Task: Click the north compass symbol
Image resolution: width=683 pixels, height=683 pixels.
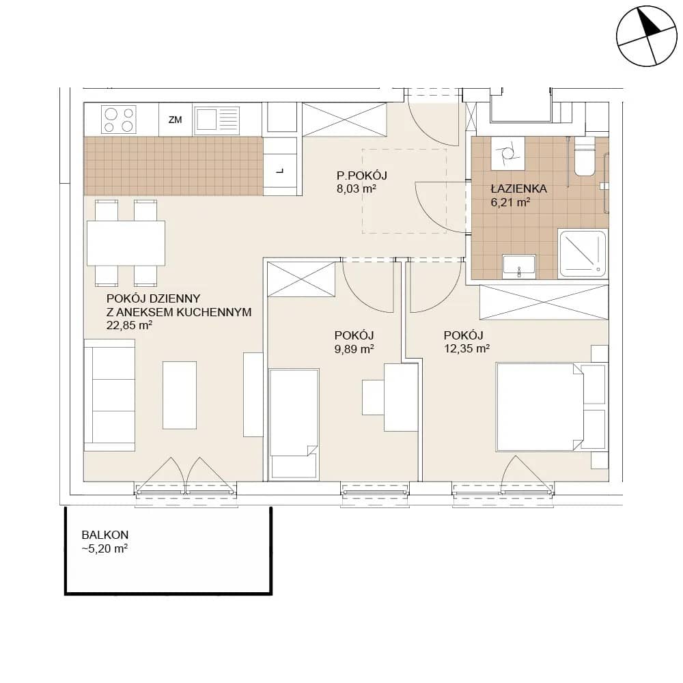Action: tap(647, 36)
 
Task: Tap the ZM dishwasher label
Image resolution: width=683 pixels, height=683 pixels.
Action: tap(175, 120)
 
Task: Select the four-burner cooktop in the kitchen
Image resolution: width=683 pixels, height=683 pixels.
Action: tap(118, 120)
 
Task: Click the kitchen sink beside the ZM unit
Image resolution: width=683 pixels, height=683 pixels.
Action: tap(217, 120)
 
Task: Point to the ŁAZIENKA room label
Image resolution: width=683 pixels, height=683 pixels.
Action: tap(519, 189)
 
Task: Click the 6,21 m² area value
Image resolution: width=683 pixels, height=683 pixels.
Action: tap(510, 202)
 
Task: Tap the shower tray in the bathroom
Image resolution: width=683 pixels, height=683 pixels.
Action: tap(583, 253)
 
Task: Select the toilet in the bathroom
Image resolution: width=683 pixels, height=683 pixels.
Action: tap(584, 156)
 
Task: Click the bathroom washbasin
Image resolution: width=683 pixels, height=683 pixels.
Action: tap(519, 266)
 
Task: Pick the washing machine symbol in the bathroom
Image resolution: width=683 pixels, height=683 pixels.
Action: tap(508, 153)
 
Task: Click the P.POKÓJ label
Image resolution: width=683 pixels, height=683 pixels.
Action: tap(361, 176)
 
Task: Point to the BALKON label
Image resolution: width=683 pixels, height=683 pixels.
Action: tap(105, 535)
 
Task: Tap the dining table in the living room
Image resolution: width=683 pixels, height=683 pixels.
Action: tap(126, 243)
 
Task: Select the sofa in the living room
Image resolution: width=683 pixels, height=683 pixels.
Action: tap(110, 395)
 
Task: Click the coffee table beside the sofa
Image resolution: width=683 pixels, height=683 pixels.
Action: tap(180, 395)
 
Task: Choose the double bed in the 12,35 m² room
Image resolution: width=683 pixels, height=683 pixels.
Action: tap(540, 407)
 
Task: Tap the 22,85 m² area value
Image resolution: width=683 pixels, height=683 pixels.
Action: tap(129, 325)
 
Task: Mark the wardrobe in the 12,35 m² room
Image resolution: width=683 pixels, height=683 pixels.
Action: tap(544, 302)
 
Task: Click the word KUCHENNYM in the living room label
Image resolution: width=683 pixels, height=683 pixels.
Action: tap(217, 312)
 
